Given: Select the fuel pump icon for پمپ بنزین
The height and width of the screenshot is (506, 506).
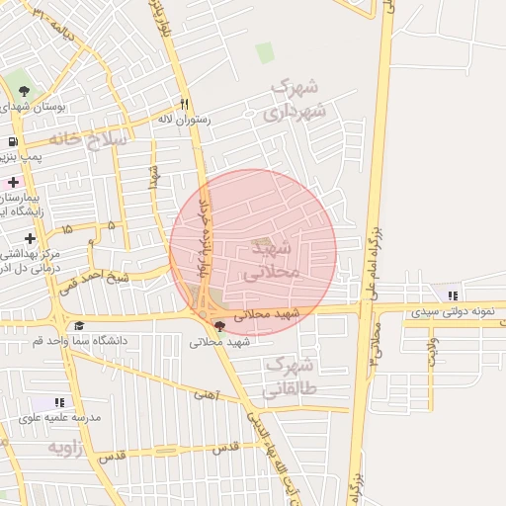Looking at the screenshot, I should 11,140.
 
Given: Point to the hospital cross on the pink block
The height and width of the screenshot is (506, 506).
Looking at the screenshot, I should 13,183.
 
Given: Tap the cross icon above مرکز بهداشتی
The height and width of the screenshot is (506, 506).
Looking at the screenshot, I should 30,238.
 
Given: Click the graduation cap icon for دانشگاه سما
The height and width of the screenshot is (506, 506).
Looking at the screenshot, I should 78,325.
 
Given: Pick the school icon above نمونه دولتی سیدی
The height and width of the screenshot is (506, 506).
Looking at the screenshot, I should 453,295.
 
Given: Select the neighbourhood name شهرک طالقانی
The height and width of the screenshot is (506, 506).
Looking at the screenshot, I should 290,377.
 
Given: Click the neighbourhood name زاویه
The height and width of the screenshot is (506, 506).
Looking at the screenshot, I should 68,448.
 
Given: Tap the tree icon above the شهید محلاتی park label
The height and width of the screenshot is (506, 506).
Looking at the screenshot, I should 218,325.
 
